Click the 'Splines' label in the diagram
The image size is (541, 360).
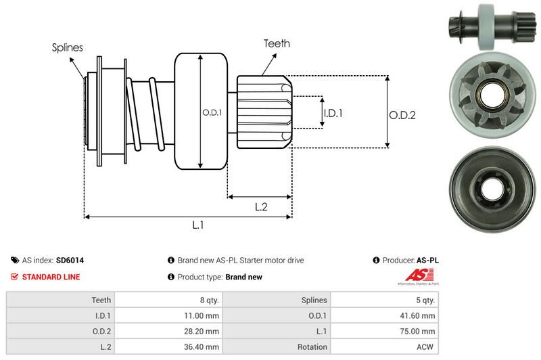click(68, 47)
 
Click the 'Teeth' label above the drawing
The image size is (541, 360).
click(277, 43)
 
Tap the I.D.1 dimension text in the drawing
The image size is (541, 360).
click(333, 113)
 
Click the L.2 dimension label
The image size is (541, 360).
click(261, 208)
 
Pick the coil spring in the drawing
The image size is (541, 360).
click(145, 112)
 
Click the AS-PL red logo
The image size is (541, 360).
click(413, 276)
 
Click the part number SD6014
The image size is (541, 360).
click(70, 260)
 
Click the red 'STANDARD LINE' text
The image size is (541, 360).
click(51, 277)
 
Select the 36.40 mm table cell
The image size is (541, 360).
click(203, 347)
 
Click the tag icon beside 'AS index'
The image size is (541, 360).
click(15, 260)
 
